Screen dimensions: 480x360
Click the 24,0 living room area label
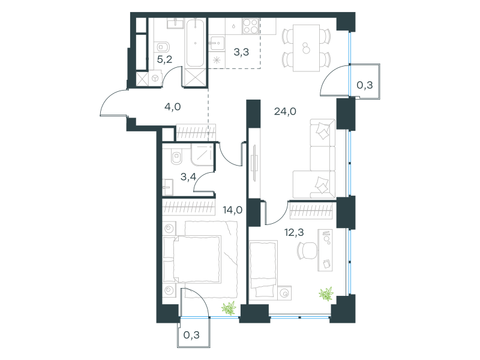(285, 112)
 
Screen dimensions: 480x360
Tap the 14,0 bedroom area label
(233, 210)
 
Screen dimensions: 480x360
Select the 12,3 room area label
(294, 232)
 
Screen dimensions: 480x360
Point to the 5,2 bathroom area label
(164, 59)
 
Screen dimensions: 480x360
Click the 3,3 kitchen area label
(241, 52)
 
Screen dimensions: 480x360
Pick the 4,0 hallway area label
(173, 107)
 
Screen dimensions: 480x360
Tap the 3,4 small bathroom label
(188, 176)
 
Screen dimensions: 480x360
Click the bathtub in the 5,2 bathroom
(196, 43)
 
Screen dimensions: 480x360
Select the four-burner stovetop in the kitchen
(250, 26)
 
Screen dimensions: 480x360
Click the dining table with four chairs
(306, 48)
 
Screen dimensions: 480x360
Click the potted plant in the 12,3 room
(326, 294)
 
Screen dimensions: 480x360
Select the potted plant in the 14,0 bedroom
(229, 308)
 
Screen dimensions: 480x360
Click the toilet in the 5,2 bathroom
(163, 47)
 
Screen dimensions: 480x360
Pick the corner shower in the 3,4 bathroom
(202, 155)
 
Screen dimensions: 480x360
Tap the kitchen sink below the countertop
(217, 43)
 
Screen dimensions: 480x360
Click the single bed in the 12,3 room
(264, 269)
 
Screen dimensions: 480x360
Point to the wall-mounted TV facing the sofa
(254, 163)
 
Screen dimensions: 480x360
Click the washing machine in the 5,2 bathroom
(155, 78)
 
